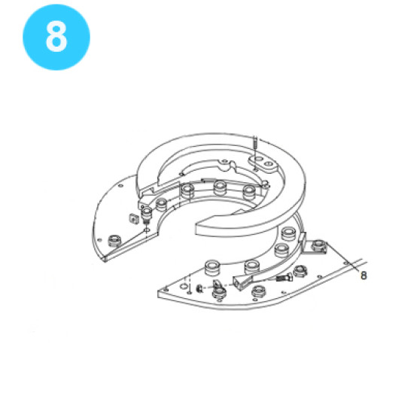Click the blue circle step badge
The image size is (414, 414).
pyautogui.click(x=56, y=37)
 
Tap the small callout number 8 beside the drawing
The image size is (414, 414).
pyautogui.click(x=364, y=275)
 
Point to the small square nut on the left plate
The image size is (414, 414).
pyautogui.click(x=134, y=218)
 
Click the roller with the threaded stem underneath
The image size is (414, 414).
pyautogui.click(x=147, y=215)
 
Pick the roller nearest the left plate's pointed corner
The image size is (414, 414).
pyautogui.click(x=115, y=240)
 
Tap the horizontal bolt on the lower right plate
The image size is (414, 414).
pyautogui.click(x=284, y=278)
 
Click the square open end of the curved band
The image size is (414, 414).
pyautogui.click(x=242, y=282)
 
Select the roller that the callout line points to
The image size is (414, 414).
pyautogui.click(x=318, y=245)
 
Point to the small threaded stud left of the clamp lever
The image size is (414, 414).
pyautogui.click(x=200, y=288)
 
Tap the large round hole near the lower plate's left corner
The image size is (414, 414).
pyautogui.click(x=184, y=287)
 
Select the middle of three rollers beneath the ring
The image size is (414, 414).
pyautogui.click(x=220, y=187)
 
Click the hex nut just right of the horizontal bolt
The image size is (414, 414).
pyautogui.click(x=300, y=271)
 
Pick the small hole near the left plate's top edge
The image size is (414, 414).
pyautogui.click(x=120, y=186)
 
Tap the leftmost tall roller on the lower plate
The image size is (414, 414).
pyautogui.click(x=212, y=268)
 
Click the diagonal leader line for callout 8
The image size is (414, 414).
pyautogui.click(x=342, y=257)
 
